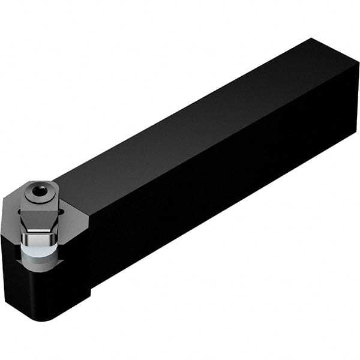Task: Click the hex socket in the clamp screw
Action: pos(39,191)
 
